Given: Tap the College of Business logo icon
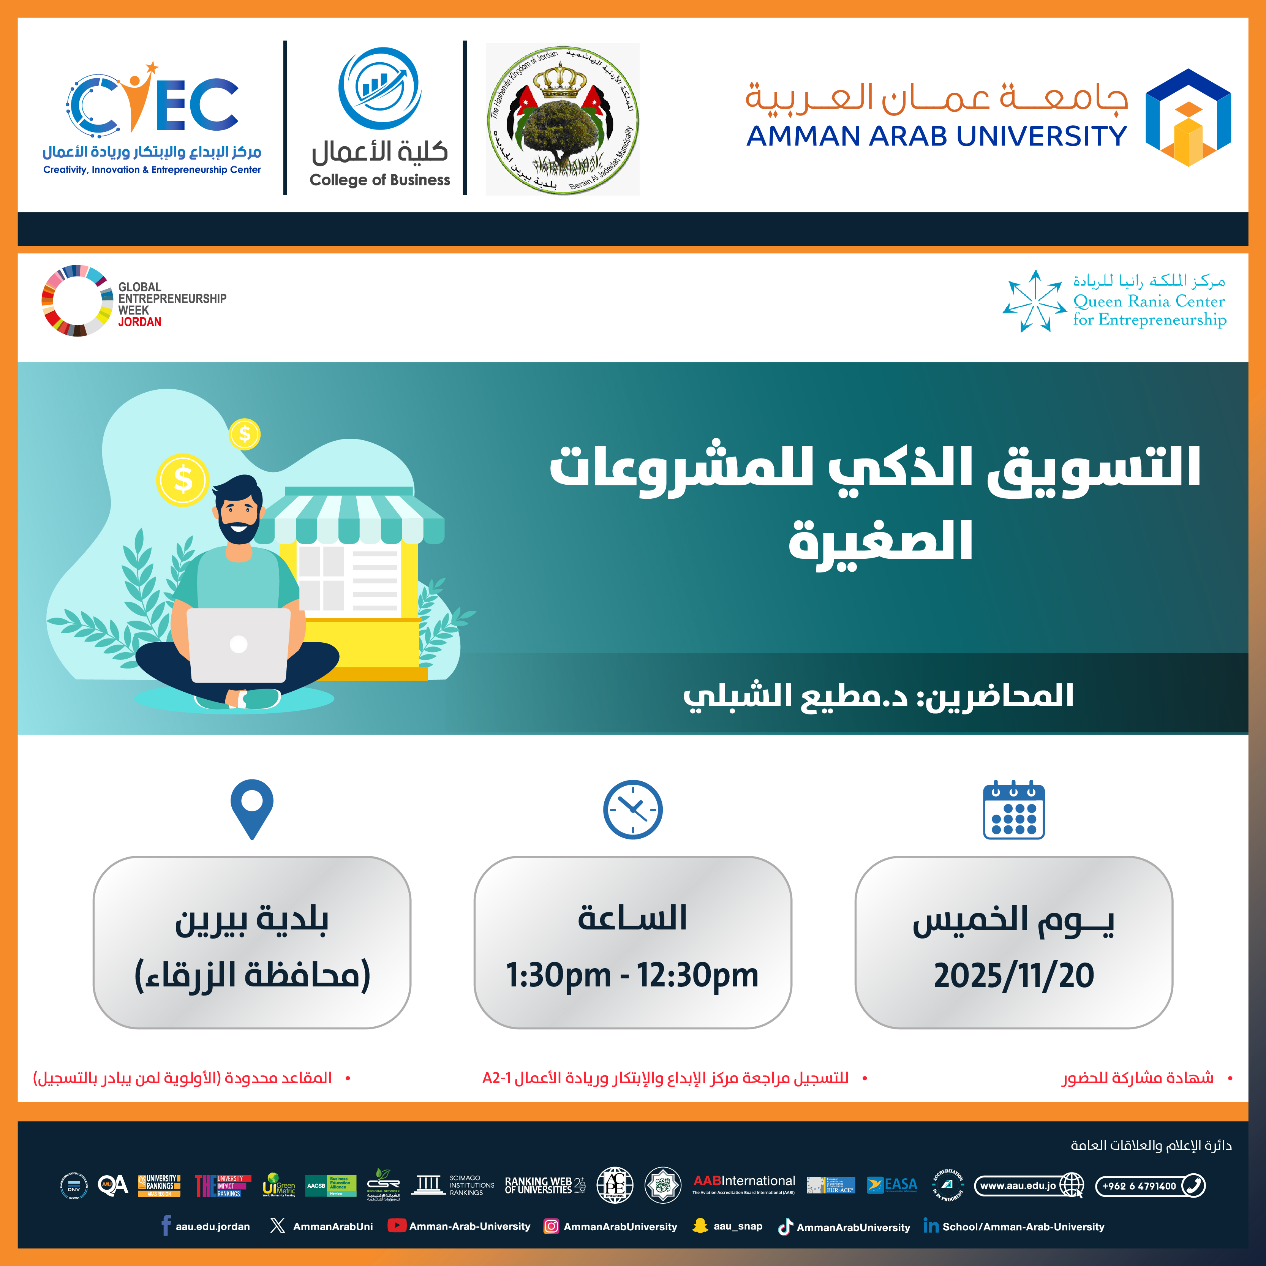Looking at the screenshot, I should [x=379, y=89].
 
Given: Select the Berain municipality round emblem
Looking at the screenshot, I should [x=562, y=119].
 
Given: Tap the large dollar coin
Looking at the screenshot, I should [x=183, y=480].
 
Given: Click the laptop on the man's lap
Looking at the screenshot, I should [x=239, y=645].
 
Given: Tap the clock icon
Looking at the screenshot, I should [x=632, y=809].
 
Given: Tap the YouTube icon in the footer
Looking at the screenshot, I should [x=397, y=1225].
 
